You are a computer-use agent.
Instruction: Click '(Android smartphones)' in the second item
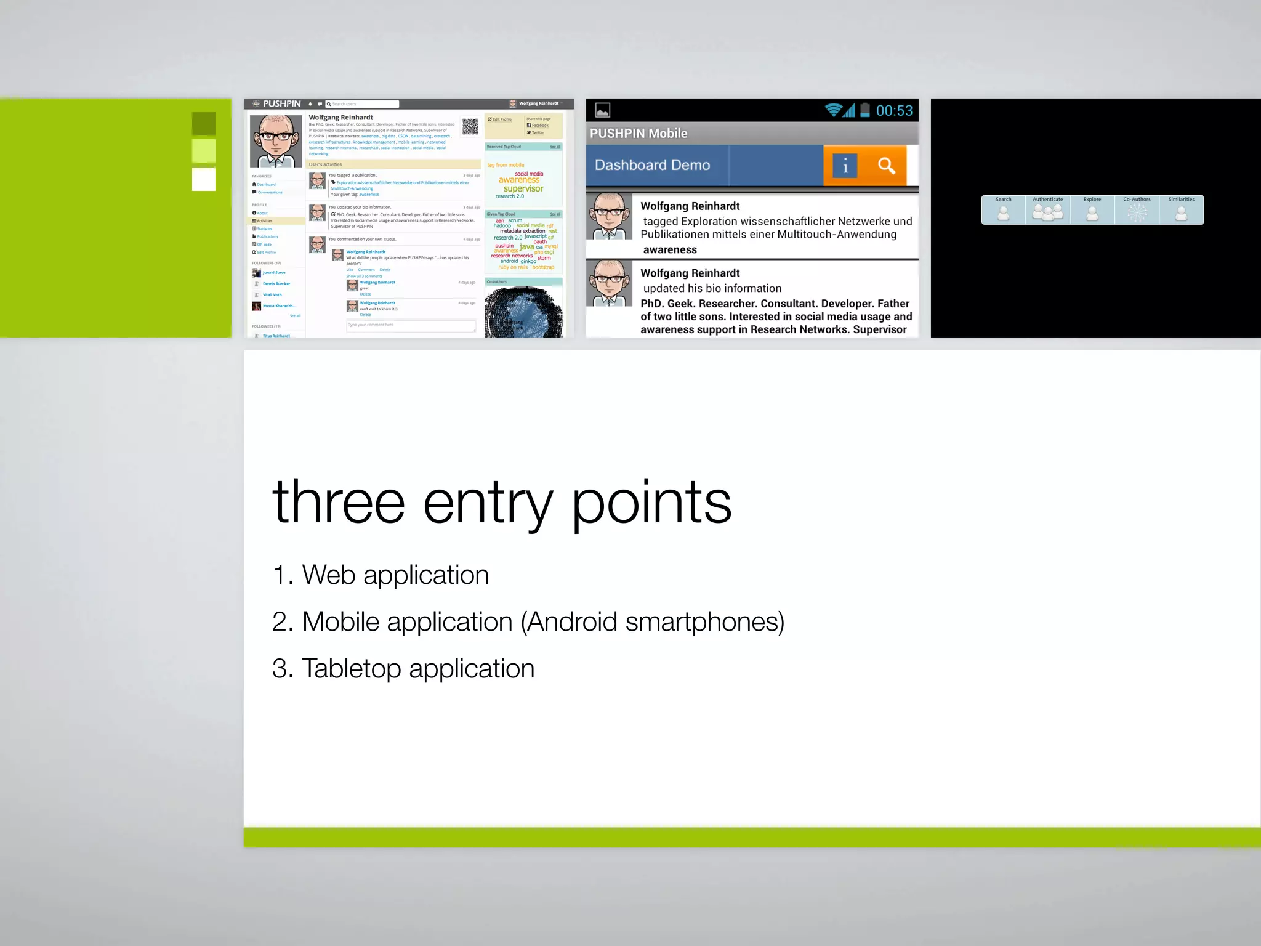tap(652, 622)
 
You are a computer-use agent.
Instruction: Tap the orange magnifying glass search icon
tap(886, 165)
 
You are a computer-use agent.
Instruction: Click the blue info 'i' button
tap(845, 166)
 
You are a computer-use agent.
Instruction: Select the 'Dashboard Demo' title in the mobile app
tap(652, 165)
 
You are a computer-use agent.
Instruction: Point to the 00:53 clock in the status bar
tap(893, 111)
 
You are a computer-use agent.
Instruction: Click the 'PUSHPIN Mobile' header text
tap(639, 134)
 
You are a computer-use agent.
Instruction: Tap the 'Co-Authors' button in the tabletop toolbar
tap(1137, 210)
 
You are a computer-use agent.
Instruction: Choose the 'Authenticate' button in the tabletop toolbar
tap(1047, 210)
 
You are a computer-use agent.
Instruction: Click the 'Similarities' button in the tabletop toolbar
tap(1181, 210)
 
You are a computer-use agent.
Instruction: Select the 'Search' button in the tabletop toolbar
tap(1003, 210)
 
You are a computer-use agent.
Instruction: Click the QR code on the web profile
tap(470, 126)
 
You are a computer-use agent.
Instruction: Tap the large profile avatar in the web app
tap(276, 141)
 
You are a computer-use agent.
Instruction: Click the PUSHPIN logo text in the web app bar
tap(281, 103)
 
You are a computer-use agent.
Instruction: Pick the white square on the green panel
tap(204, 179)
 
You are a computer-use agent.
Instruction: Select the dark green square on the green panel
tap(204, 123)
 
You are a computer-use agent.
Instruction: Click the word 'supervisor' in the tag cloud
tap(523, 188)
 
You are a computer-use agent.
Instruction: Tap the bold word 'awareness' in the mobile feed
tap(670, 249)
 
